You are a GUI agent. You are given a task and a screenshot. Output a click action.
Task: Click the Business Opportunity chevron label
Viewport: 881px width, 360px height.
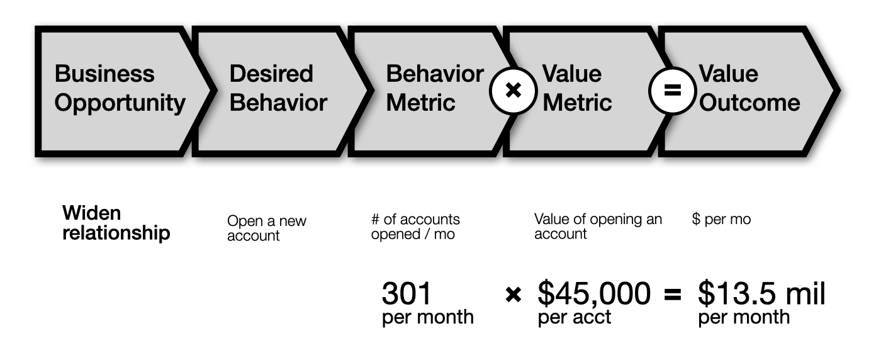point(120,88)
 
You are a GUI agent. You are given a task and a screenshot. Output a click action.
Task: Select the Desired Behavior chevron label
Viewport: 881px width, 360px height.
point(278,88)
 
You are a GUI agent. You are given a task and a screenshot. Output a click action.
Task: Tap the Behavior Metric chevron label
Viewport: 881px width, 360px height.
point(435,88)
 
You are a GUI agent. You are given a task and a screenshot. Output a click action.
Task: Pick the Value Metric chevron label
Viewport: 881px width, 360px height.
point(577,88)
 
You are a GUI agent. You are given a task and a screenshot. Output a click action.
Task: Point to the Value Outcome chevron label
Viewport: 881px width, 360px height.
point(749,88)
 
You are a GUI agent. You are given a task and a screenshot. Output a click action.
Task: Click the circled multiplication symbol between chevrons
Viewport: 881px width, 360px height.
point(513,91)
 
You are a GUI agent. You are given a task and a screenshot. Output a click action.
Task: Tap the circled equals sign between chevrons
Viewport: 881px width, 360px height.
point(672,91)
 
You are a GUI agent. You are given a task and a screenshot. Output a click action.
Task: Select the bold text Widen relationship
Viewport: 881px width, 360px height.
point(116,223)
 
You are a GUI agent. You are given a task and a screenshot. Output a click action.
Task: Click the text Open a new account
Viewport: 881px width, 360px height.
point(267,228)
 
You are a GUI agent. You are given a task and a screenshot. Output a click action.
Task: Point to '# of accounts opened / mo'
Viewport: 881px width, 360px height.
point(415,227)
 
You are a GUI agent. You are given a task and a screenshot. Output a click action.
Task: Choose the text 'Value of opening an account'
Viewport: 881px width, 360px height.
point(598,226)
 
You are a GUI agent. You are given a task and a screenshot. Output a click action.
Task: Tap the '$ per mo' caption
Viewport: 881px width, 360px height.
point(721,219)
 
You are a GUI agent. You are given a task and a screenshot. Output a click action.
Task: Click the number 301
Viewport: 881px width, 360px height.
point(407,293)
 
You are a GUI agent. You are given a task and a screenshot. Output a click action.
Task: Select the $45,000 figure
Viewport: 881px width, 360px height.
point(594,293)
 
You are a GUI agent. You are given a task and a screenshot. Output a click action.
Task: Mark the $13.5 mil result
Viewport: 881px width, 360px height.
point(761,293)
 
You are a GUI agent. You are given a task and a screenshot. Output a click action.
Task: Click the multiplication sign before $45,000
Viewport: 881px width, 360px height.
point(513,295)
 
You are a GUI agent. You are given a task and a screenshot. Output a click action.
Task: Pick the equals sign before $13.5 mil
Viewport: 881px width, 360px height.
point(672,295)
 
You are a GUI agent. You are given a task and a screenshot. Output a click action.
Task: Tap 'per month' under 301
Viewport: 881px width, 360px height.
point(428,317)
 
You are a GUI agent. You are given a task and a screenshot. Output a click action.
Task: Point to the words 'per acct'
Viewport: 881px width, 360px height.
point(574,317)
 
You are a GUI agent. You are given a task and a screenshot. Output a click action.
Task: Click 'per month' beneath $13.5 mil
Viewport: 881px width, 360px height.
point(744,317)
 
